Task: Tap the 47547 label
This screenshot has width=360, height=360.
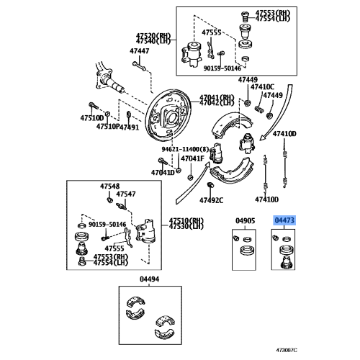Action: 127,194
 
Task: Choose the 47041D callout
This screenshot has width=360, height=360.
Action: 162,173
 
